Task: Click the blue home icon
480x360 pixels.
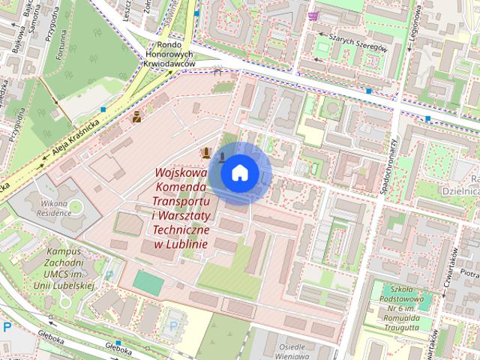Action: point(239,173)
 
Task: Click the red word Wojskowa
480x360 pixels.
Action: point(181,172)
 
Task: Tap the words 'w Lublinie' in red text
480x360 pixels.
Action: point(181,243)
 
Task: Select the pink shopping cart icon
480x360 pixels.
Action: point(313,16)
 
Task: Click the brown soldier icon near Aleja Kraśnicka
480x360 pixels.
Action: point(137,116)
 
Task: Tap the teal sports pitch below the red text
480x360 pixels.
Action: point(148,283)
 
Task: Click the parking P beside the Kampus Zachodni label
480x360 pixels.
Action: point(109,275)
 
